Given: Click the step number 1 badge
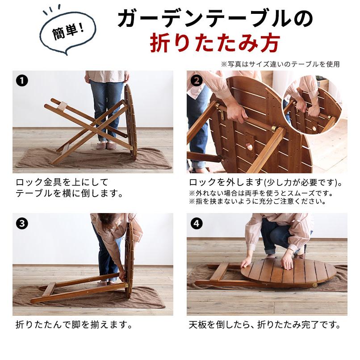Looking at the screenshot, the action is [x=22, y=80].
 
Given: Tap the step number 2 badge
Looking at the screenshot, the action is [x=197, y=80].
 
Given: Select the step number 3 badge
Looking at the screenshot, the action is [x=22, y=223].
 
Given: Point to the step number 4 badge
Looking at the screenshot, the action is [x=197, y=223].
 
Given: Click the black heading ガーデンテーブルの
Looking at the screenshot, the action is [x=215, y=19].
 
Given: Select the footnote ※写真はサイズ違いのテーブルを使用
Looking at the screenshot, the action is [x=280, y=64].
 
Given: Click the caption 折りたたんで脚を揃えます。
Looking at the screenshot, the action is [x=74, y=325].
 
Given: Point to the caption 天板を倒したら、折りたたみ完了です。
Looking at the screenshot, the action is [x=265, y=325].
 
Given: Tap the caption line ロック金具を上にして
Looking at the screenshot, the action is [x=62, y=182].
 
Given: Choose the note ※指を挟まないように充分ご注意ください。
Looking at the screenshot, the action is [x=258, y=201].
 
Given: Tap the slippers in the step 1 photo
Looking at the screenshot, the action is [x=106, y=145].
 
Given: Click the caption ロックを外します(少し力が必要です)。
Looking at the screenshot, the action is [x=266, y=183].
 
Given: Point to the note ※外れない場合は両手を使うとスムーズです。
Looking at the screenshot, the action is [x=261, y=193].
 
